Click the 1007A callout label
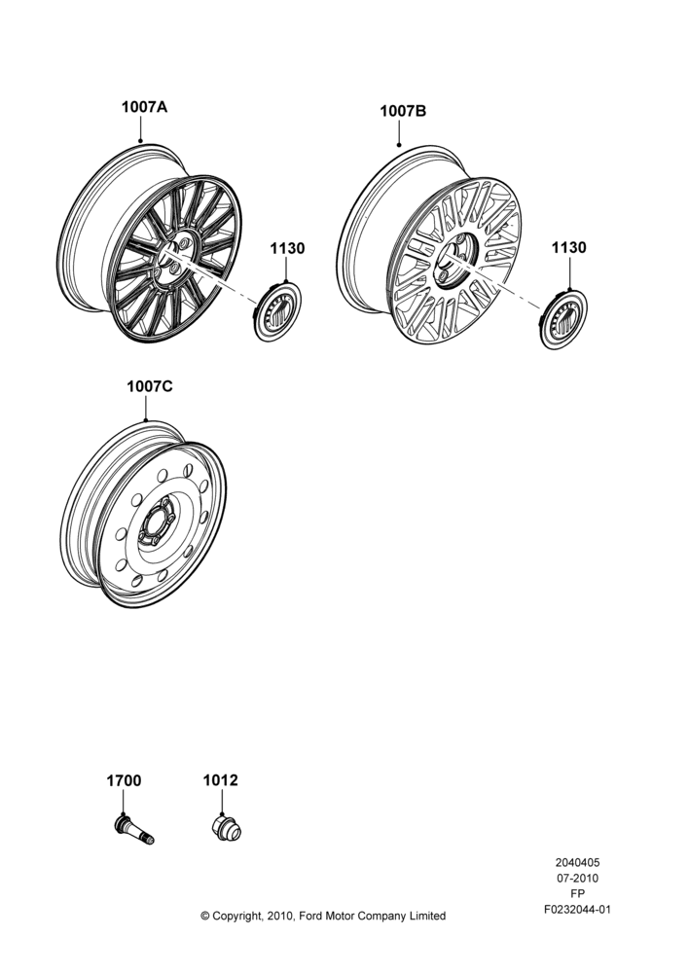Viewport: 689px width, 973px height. click(144, 107)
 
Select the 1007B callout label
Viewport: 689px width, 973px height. click(403, 111)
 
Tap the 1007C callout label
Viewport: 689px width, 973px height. click(150, 386)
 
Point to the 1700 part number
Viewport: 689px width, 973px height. click(124, 780)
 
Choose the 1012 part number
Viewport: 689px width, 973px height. click(220, 780)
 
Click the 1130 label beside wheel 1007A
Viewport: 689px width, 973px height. click(287, 248)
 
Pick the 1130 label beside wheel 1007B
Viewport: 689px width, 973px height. click(568, 247)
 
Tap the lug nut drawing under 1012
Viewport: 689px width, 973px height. click(227, 828)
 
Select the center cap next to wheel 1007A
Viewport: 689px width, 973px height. click(278, 311)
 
